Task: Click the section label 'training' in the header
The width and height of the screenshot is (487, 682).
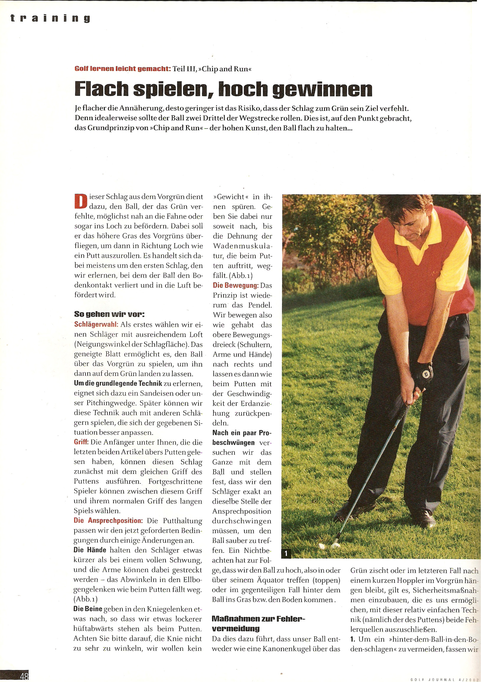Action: point(50,18)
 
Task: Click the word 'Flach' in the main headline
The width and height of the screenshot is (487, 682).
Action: point(101,89)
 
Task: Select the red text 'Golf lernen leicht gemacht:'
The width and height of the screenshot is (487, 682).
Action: point(122,69)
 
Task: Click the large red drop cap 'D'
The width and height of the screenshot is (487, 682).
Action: point(80,201)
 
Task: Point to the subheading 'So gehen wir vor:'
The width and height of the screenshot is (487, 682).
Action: point(109,314)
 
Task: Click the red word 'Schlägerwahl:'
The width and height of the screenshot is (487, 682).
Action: point(96,324)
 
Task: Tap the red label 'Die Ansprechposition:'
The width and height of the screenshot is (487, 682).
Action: point(108,520)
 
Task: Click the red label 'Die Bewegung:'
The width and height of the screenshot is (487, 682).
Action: point(236,285)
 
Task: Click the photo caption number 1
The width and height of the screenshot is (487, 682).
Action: point(286,553)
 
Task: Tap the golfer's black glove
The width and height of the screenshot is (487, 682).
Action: point(425,374)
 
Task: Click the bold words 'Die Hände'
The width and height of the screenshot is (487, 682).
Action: point(90,550)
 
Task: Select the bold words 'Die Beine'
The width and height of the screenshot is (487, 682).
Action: point(88,609)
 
